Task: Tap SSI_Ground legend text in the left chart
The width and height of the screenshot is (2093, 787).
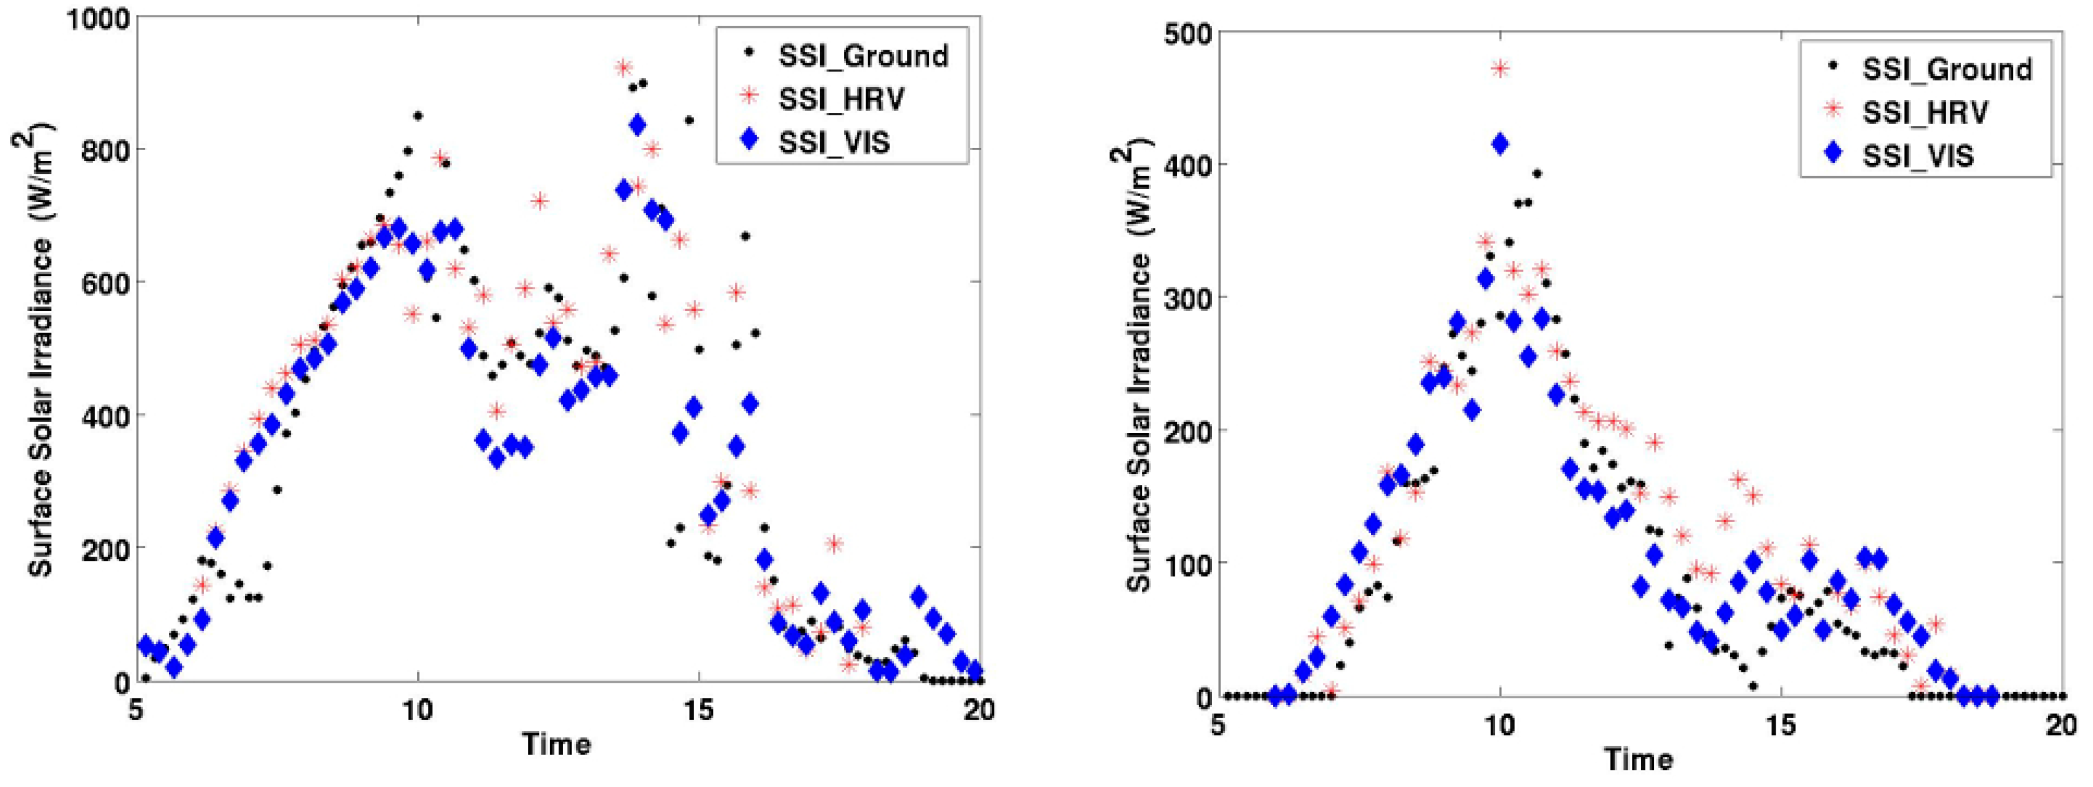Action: click(x=863, y=56)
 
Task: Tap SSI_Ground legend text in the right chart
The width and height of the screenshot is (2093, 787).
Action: click(x=1946, y=69)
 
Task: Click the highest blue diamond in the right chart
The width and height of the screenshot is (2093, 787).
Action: click(x=1500, y=144)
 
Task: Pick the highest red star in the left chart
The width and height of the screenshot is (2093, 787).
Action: click(x=623, y=67)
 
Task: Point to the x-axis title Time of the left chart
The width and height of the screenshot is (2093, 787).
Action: click(x=557, y=743)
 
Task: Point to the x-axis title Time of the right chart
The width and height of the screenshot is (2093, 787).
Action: click(x=1638, y=759)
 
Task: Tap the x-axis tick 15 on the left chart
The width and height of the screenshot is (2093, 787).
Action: click(x=698, y=710)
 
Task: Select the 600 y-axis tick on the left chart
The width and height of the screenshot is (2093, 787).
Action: click(x=104, y=283)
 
